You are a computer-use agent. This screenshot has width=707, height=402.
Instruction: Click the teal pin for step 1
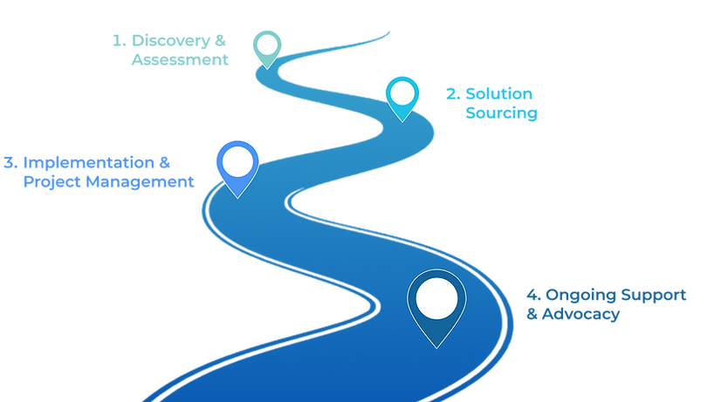click(x=266, y=45)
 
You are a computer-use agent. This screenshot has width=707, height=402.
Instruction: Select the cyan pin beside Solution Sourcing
click(x=402, y=94)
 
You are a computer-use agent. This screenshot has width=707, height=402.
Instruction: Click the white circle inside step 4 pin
click(x=436, y=296)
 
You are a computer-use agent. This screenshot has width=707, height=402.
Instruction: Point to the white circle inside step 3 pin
click(x=237, y=160)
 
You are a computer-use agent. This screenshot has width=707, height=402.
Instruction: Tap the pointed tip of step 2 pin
click(x=402, y=120)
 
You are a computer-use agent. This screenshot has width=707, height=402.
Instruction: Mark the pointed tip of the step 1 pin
click(x=266, y=68)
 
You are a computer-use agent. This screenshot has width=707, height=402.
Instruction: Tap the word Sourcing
click(x=502, y=113)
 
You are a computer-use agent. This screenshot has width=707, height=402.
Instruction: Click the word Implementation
click(x=87, y=162)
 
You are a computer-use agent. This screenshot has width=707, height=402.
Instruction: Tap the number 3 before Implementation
click(x=9, y=162)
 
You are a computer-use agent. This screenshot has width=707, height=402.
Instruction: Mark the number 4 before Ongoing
click(x=529, y=294)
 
